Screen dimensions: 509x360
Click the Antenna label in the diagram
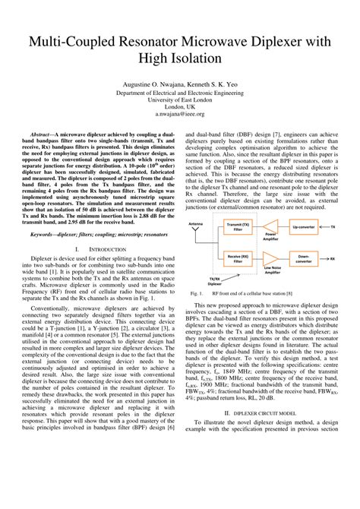[x=196, y=225]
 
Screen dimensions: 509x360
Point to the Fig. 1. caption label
[x=196, y=292]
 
